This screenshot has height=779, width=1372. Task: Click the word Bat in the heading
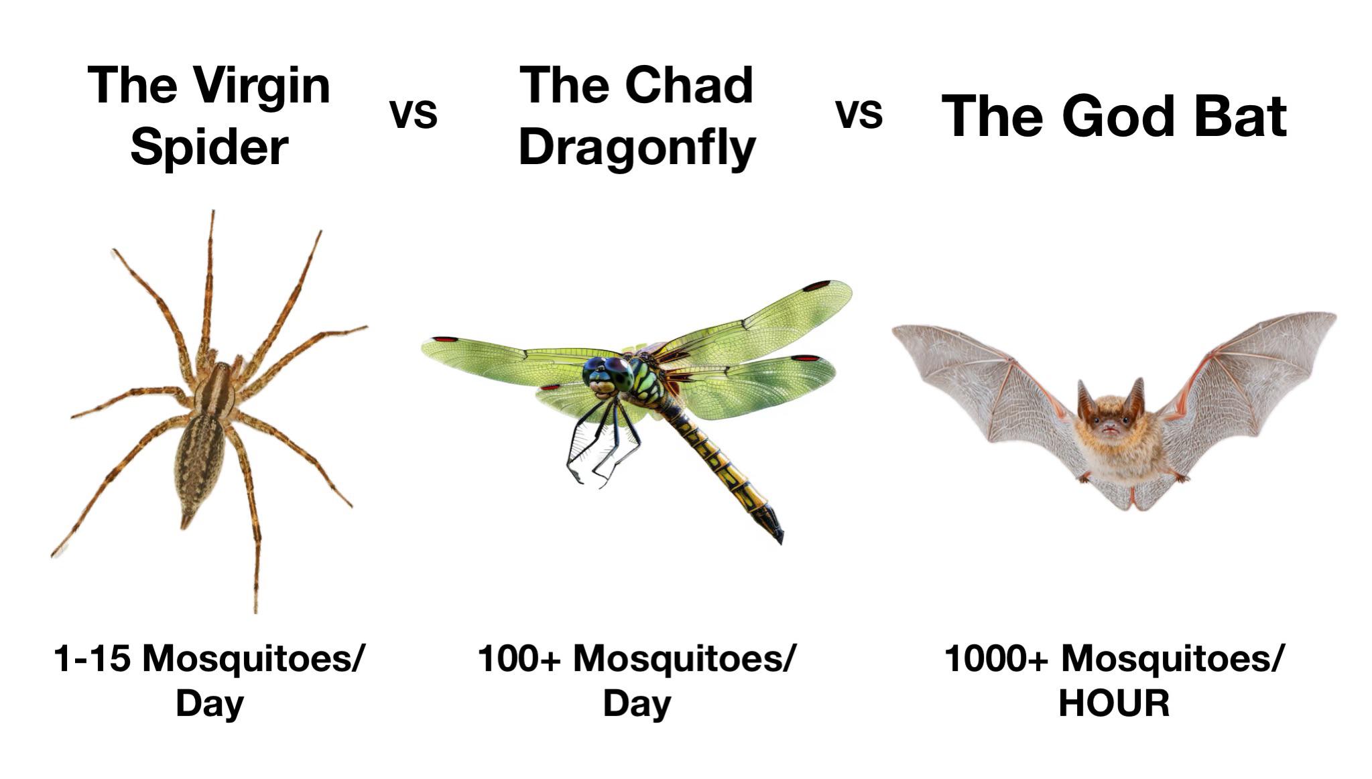coord(1235,116)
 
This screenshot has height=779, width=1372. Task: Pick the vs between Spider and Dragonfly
coord(414,115)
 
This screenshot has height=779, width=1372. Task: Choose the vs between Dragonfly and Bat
coord(859,115)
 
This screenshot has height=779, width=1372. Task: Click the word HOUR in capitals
coord(1114,703)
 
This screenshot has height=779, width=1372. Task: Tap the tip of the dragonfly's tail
coord(780,541)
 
